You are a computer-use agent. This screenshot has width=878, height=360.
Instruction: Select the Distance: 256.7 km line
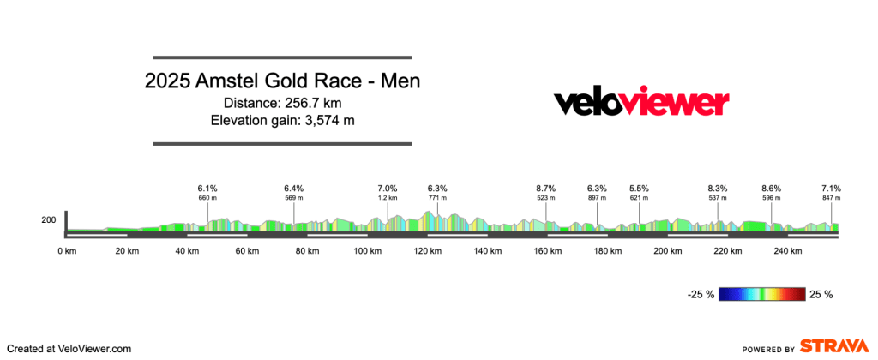tap(282, 104)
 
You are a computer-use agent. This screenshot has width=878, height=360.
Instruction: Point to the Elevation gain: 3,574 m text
tap(282, 120)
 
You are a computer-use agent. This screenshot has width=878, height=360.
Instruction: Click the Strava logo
tap(832, 345)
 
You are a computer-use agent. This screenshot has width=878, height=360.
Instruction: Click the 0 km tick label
tap(67, 251)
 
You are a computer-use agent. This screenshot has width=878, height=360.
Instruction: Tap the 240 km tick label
tap(786, 251)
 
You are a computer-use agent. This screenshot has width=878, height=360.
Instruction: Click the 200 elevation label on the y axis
tap(49, 220)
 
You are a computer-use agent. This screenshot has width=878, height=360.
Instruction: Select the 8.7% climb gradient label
tap(546, 188)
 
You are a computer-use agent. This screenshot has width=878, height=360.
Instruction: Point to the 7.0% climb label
tap(388, 188)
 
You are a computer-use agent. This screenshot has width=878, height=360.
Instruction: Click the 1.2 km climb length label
tap(388, 198)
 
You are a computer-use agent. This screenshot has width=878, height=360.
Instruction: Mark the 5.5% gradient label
tap(640, 188)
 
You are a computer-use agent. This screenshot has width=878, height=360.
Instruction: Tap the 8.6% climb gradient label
tap(772, 188)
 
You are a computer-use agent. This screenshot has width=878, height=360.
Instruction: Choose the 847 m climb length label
tap(831, 198)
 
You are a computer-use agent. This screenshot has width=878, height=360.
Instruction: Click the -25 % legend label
tap(701, 295)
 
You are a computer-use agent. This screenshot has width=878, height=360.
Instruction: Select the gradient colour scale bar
tap(762, 295)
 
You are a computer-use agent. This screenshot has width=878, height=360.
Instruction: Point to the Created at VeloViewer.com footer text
tap(68, 349)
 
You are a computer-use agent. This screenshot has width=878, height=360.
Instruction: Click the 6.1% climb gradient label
tap(207, 188)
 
